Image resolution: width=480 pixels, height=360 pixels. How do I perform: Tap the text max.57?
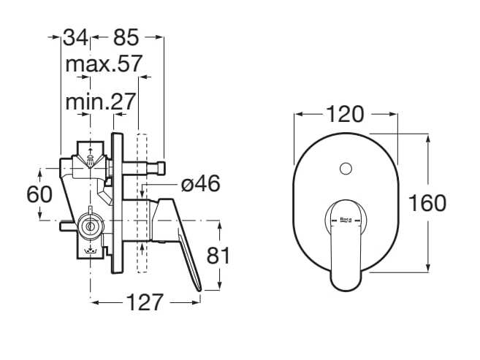point(103,64)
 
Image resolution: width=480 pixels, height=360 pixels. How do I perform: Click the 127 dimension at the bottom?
point(140,302)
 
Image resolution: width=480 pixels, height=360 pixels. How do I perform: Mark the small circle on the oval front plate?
point(345,169)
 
